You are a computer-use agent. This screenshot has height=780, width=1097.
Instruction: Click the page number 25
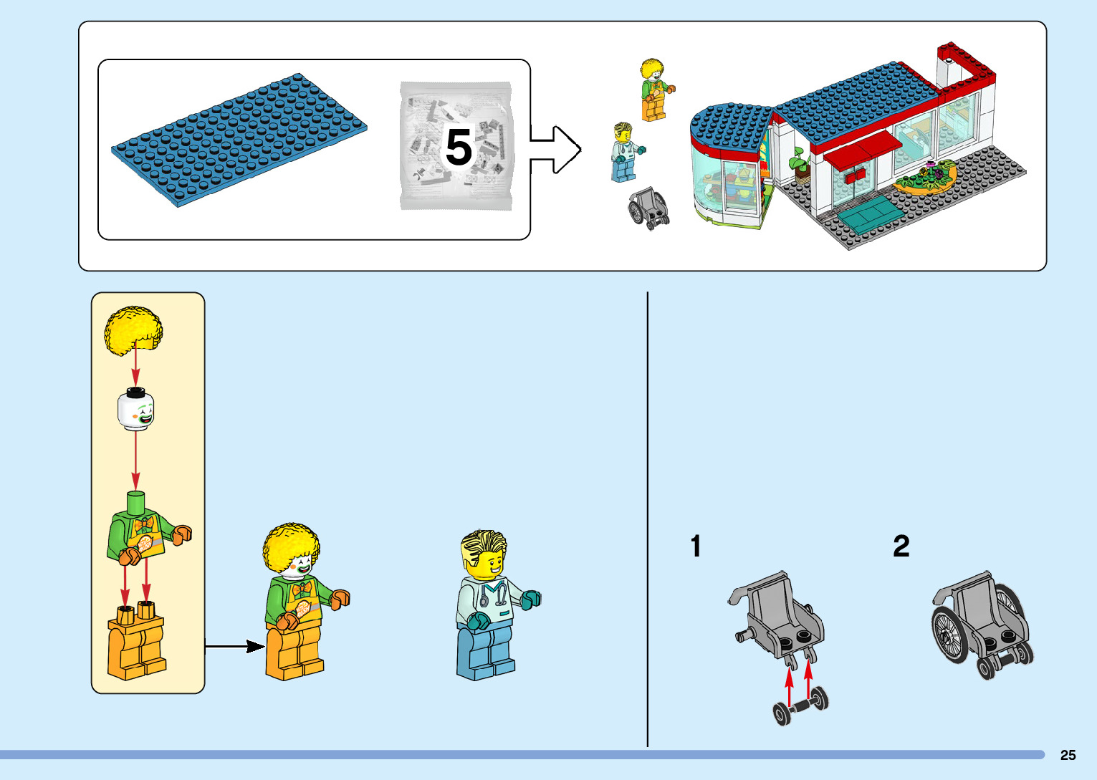click(x=1068, y=755)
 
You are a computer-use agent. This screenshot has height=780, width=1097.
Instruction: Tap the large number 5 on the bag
click(x=459, y=148)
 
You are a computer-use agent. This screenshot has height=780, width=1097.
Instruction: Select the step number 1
click(x=696, y=547)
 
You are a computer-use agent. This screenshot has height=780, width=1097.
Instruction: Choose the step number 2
click(x=901, y=547)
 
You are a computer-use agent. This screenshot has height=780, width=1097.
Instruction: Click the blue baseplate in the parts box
click(x=239, y=139)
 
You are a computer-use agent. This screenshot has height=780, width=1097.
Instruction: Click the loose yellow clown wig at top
click(x=133, y=329)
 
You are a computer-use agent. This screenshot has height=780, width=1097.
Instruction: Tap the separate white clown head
click(x=136, y=410)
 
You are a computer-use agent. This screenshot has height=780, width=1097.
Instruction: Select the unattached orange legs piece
click(x=136, y=642)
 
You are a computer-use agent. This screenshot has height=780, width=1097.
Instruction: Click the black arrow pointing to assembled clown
click(x=235, y=647)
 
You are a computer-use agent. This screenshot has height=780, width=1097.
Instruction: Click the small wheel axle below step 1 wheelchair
click(x=800, y=706)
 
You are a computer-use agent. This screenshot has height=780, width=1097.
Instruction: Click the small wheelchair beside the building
click(x=648, y=208)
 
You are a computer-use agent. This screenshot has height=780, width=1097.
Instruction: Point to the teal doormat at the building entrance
click(x=868, y=213)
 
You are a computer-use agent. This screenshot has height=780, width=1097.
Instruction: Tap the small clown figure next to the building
click(x=653, y=90)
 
